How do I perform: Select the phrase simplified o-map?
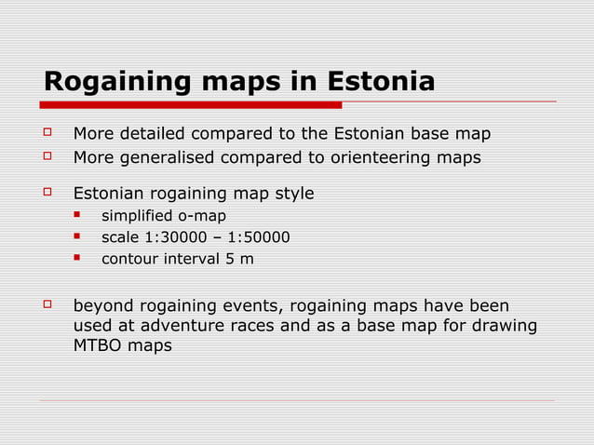(x=163, y=216)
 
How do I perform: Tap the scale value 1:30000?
(x=174, y=237)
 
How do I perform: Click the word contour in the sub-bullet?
(x=128, y=259)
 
